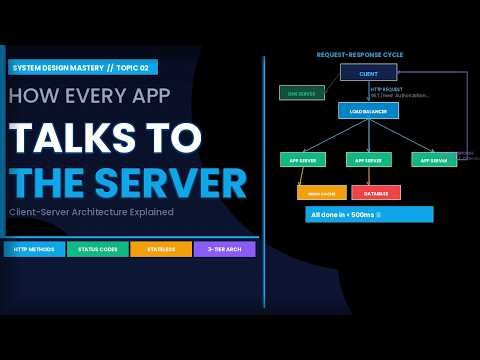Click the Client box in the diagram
point(368,72)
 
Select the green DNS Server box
point(301,93)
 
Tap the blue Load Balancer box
point(368,111)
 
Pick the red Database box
point(376,192)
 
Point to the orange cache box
point(321,192)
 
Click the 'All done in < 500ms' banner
point(369,214)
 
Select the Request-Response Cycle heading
point(360,54)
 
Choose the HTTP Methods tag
point(34,249)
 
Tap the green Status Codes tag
point(98,249)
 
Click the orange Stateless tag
point(161,249)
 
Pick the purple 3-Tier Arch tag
point(225,249)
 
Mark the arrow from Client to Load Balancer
point(368,91)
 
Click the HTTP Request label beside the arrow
point(386,89)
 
